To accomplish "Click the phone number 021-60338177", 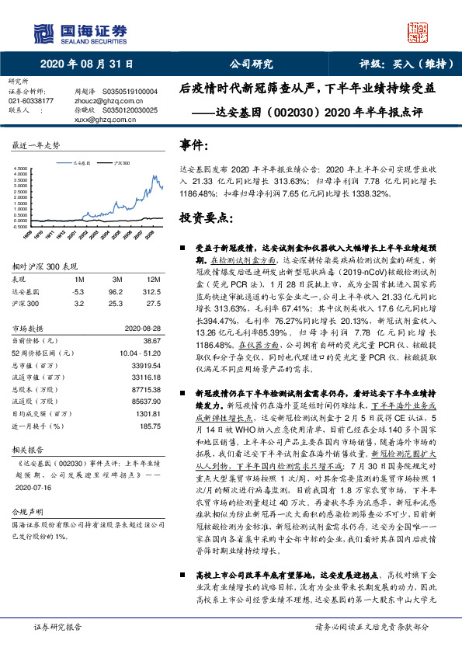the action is (x=31, y=101).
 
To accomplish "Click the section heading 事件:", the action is (x=193, y=145).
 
